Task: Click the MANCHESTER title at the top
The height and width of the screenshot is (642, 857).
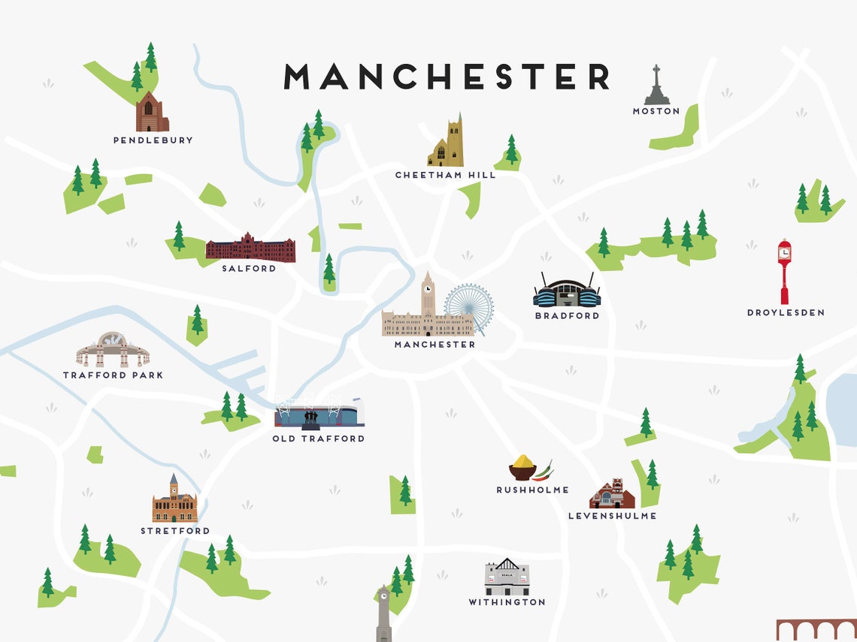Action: click(x=447, y=77)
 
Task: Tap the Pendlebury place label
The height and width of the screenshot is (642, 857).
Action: click(x=153, y=140)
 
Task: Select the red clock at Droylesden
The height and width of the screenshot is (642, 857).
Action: click(x=784, y=270)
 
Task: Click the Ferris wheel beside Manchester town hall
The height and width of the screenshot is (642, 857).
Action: click(x=469, y=308)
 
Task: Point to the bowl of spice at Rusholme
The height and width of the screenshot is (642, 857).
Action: click(x=522, y=469)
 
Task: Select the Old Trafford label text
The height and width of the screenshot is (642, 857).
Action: click(x=318, y=439)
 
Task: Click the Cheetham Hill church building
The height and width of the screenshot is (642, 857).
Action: click(x=447, y=143)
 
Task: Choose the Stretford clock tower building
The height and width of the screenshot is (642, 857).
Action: click(x=174, y=501)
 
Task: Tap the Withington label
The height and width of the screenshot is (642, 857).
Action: click(x=507, y=602)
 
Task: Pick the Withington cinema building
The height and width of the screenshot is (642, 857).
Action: click(x=507, y=577)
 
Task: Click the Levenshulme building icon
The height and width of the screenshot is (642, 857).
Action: click(x=612, y=494)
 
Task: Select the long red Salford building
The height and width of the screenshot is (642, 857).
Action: click(x=250, y=248)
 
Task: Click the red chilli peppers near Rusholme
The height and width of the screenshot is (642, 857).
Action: click(x=544, y=471)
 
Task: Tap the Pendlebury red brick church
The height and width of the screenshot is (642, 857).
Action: click(x=151, y=113)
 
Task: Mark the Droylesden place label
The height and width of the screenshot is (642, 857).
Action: click(x=786, y=312)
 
